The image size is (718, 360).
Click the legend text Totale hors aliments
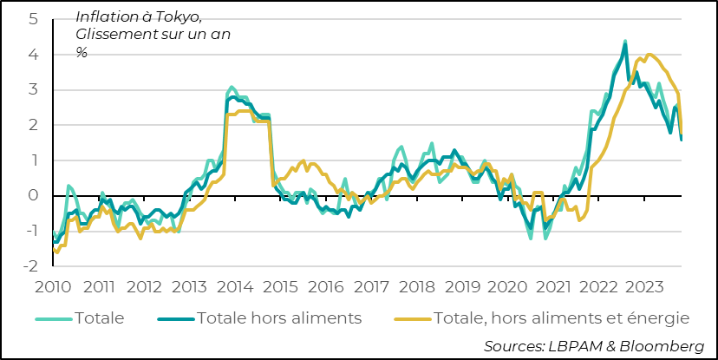point(278,318)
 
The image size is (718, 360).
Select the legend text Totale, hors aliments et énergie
point(560,318)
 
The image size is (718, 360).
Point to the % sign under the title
point(82,52)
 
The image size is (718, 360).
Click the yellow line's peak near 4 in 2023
point(649,55)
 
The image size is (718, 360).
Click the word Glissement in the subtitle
point(117,35)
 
